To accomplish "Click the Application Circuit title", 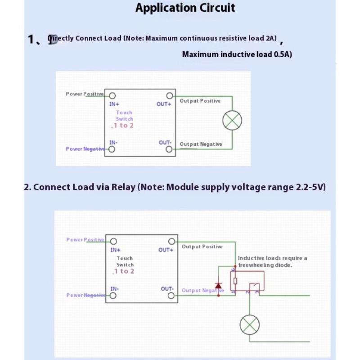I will (x=185, y=8).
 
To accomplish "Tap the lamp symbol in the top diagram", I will (x=232, y=120).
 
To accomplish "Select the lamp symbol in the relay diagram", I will (x=250, y=324).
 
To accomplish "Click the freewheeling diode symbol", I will (x=218, y=285).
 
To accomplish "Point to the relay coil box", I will (x=235, y=282).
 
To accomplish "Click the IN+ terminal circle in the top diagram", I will (x=112, y=96).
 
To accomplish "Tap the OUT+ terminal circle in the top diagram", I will (x=169, y=96).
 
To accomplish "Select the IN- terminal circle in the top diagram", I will (x=112, y=149).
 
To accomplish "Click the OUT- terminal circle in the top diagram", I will (x=169, y=149).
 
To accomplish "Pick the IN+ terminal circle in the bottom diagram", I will (x=113, y=241).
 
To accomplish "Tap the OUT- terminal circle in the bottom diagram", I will (x=171, y=296).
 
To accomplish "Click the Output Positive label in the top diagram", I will (x=200, y=101).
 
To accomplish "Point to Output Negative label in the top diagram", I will (x=201, y=144).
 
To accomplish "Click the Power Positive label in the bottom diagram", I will (x=85, y=240).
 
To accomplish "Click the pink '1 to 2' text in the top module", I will (x=123, y=126).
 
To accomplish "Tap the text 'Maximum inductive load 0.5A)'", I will (x=237, y=54).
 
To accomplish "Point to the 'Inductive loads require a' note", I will (x=272, y=258).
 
